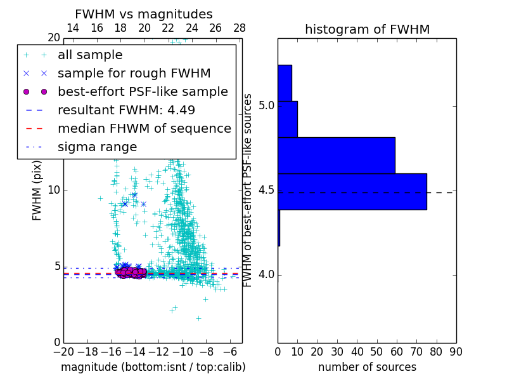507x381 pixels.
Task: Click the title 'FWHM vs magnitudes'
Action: click(x=144, y=14)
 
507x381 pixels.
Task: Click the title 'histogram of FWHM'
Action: click(x=367, y=29)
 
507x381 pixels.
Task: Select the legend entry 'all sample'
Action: click(x=90, y=55)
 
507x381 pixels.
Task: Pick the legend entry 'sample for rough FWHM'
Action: click(x=134, y=73)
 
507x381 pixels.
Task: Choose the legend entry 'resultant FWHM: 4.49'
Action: click(x=126, y=110)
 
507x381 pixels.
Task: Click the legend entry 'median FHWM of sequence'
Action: click(x=144, y=128)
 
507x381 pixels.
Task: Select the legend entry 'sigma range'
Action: click(x=97, y=147)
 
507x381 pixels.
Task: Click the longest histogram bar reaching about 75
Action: click(x=352, y=191)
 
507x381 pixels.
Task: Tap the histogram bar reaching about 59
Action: click(x=336, y=155)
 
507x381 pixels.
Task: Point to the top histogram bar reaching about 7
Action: click(x=285, y=83)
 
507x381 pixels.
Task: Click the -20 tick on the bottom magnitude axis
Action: click(x=63, y=351)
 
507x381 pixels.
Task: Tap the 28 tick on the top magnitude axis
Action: click(x=240, y=28)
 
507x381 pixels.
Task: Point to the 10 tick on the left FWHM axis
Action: click(x=55, y=190)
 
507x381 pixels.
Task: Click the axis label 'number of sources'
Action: click(x=367, y=367)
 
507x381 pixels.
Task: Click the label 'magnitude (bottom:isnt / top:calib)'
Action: click(x=153, y=367)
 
